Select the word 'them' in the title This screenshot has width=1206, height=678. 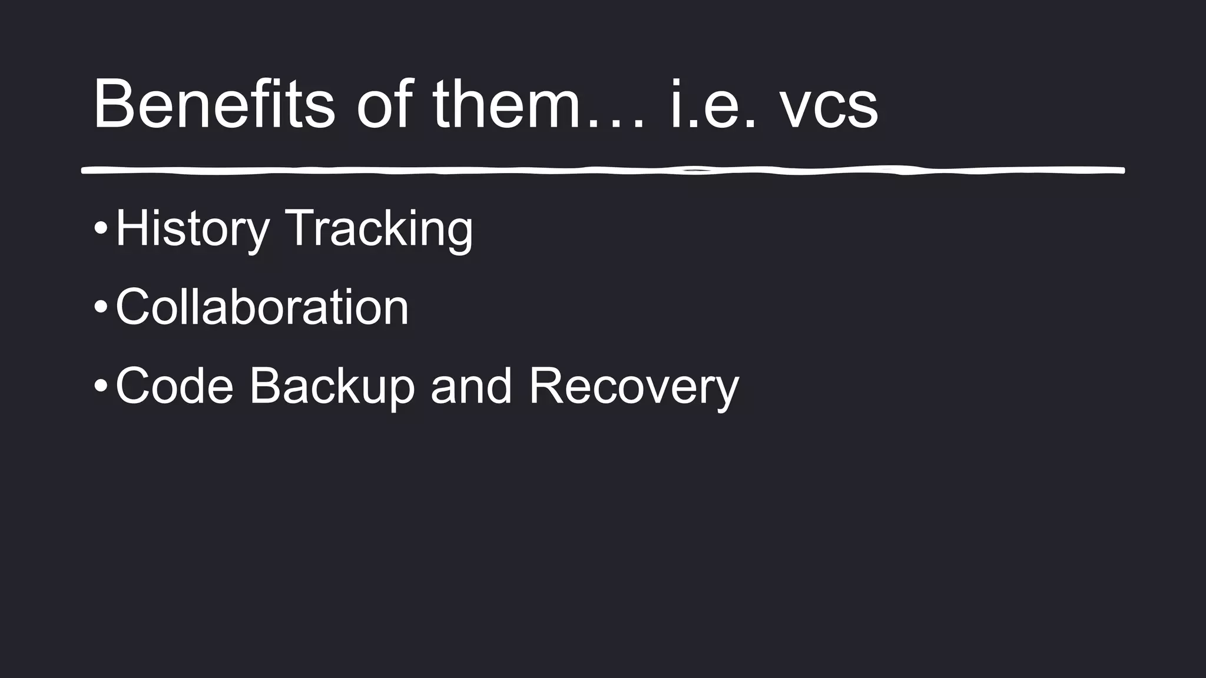coord(507,104)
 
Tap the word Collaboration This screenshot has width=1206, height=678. coord(262,307)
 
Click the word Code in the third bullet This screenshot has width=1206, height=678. coord(174,385)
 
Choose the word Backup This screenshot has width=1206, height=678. coord(332,385)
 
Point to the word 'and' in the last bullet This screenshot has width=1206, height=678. coord(471,387)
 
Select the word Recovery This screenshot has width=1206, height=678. coord(634,387)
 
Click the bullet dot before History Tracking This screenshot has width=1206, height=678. coord(101,229)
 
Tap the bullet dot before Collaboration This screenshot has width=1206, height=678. coord(101,307)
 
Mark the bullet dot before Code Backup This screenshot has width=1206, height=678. coord(101,386)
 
